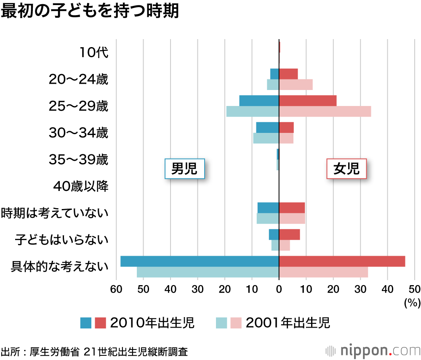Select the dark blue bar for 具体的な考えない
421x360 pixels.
point(200,261)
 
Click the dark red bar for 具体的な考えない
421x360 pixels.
point(342,261)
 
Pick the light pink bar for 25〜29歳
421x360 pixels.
point(325,111)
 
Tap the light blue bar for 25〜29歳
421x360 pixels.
point(253,111)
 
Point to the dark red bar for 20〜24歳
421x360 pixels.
point(288,74)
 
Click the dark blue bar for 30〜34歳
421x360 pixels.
point(267,127)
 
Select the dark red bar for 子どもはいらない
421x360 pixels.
point(290,235)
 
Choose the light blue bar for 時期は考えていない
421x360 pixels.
point(268,219)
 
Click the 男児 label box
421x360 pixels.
point(184,169)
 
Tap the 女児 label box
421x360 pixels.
point(346,169)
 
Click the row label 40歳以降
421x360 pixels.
point(81,186)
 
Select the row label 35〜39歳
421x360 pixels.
point(79,160)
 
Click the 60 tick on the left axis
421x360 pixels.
point(116,289)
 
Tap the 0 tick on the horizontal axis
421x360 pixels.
point(279,289)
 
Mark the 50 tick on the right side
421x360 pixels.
point(414,289)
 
